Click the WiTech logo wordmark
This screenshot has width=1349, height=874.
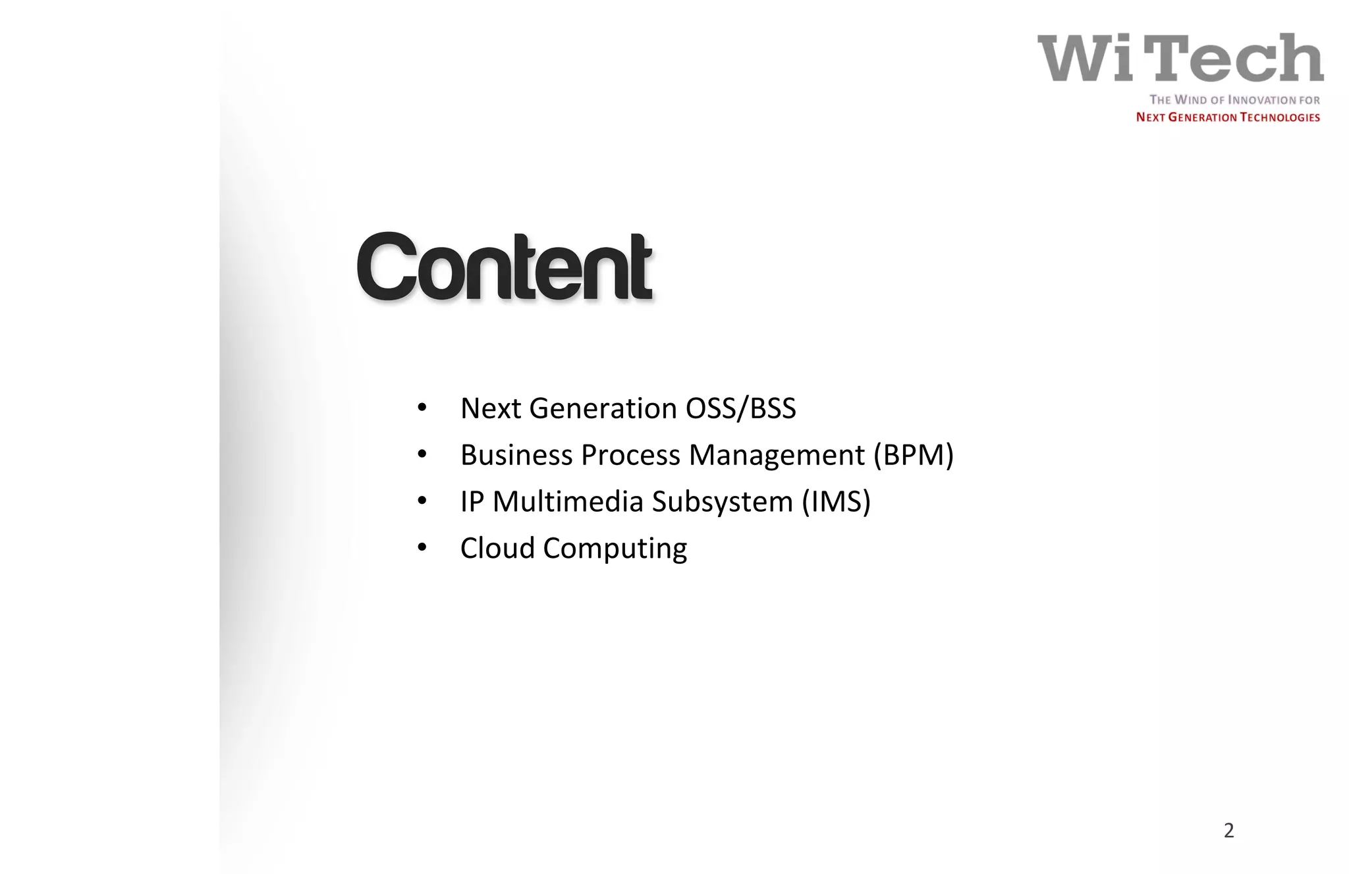tap(1180, 58)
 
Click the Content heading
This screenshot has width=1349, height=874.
tap(505, 267)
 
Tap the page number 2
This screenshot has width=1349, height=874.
tap(1228, 831)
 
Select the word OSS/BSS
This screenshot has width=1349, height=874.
tap(740, 409)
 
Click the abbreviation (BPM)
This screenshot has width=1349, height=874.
tap(913, 455)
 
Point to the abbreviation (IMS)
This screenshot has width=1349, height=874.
tap(836, 502)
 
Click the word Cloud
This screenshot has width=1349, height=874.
tap(497, 548)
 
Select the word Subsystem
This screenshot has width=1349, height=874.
tap(722, 503)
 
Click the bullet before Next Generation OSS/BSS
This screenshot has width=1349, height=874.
tap(422, 408)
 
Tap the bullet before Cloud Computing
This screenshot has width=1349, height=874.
tap(422, 547)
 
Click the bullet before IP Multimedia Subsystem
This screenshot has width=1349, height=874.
tap(422, 501)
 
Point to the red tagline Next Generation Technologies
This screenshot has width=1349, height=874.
tap(1227, 117)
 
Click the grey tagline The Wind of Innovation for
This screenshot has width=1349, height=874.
tap(1234, 100)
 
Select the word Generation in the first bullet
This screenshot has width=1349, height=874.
tap(603, 409)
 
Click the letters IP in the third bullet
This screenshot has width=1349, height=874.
tap(472, 502)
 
